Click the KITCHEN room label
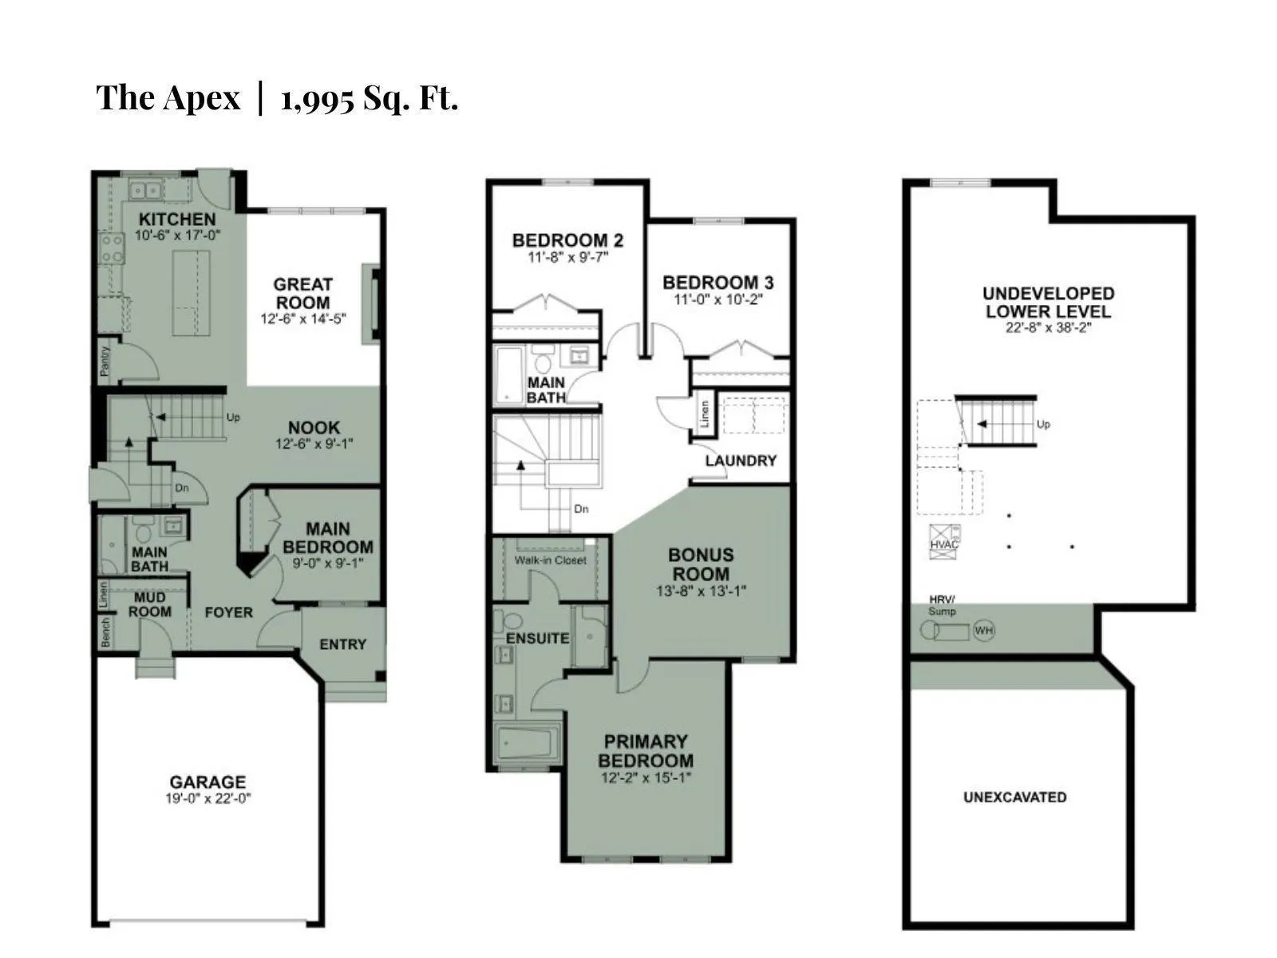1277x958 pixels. click(x=177, y=220)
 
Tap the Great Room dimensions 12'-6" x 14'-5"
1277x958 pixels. click(x=303, y=319)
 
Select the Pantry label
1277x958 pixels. click(x=105, y=361)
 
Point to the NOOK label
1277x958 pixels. click(x=314, y=428)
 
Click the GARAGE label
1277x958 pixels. click(x=208, y=782)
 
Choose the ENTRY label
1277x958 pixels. click(x=342, y=644)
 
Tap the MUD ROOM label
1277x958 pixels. click(x=149, y=605)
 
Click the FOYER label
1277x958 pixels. click(x=228, y=612)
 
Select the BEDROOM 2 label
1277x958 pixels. click(x=567, y=240)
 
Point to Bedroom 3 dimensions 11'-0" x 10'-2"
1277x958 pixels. click(x=718, y=299)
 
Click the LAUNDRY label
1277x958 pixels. click(x=741, y=461)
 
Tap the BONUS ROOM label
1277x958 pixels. click(x=701, y=564)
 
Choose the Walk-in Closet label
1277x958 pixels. click(x=551, y=560)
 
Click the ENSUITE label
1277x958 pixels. click(x=537, y=639)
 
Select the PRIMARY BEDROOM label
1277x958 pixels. click(x=646, y=751)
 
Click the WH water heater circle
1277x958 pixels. click(x=984, y=631)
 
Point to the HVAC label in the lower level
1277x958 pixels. click(x=943, y=544)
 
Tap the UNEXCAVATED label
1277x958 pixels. click(x=1014, y=797)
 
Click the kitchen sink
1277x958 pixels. click(x=145, y=190)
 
